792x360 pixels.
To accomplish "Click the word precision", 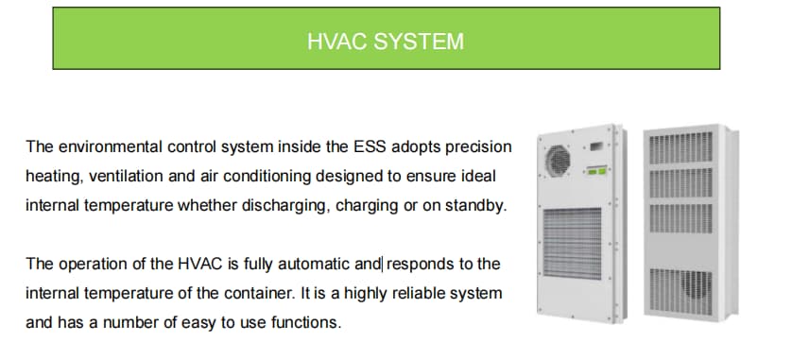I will [x=477, y=147].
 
